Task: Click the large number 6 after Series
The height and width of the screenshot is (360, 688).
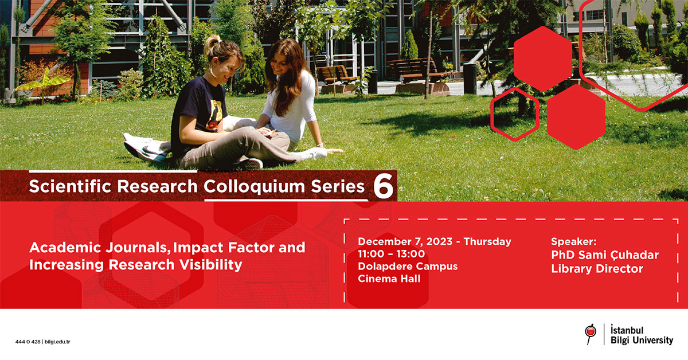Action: [x=384, y=186]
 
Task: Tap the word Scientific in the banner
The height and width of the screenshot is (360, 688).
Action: [x=70, y=186]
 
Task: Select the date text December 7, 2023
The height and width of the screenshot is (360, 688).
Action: [x=405, y=242]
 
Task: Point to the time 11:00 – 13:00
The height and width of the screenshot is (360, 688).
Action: [x=391, y=254]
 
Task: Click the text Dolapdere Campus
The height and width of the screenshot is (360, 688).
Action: [x=408, y=267]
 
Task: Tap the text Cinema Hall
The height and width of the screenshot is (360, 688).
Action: [x=389, y=279]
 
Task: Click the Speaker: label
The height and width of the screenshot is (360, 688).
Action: [x=573, y=242]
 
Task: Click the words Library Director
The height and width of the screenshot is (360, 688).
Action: [x=597, y=269]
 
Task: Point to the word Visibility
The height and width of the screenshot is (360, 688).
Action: [x=211, y=265]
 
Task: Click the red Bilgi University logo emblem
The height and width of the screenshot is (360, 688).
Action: [x=591, y=334]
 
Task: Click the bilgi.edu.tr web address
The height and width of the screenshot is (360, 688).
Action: [x=57, y=342]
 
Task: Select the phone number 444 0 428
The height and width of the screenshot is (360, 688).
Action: [x=28, y=342]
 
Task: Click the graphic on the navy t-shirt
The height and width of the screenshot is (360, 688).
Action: [x=214, y=114]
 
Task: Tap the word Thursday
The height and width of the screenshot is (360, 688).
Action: [x=487, y=242]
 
